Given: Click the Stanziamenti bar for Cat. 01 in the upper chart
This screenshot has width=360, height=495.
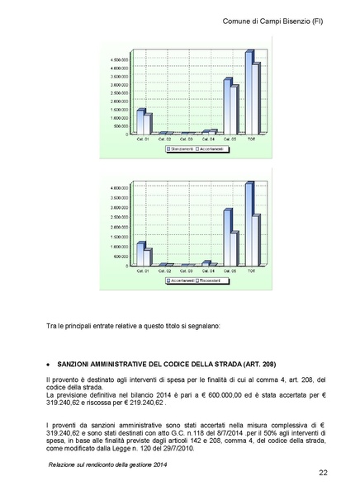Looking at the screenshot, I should pyautogui.click(x=140, y=122).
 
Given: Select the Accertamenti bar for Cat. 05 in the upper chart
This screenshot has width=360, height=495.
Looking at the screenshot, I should pyautogui.click(x=234, y=109).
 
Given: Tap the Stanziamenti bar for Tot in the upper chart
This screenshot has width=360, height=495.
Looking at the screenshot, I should pyautogui.click(x=249, y=92).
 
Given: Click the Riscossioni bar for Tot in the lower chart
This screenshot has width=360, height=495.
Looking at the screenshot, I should pyautogui.click(x=257, y=240).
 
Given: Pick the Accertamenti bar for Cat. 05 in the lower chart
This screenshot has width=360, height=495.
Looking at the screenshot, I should pyautogui.click(x=227, y=238).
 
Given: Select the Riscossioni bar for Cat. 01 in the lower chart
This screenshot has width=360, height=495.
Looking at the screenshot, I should pyautogui.click(x=148, y=258).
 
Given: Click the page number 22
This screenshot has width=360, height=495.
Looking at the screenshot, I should pyautogui.click(x=321, y=472).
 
